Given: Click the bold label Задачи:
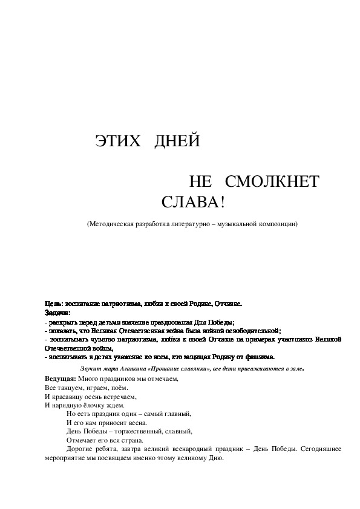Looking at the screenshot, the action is pos(57,313).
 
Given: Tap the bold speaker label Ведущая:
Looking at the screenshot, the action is pos(61,378).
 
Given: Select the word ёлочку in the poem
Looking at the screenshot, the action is pos(91,405).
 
